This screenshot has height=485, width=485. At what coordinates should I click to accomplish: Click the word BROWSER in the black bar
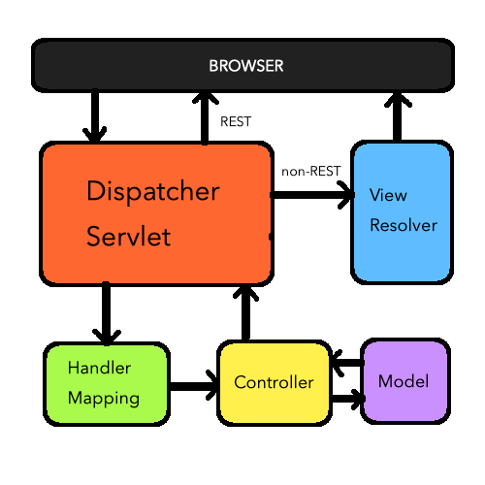[x=245, y=66]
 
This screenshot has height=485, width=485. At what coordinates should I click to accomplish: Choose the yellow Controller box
[x=274, y=382]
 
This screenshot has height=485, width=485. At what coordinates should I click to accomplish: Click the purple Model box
[x=404, y=381]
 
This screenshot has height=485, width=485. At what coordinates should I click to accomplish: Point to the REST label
[x=237, y=123]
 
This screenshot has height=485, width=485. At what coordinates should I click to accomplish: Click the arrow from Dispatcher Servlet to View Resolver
[x=312, y=195]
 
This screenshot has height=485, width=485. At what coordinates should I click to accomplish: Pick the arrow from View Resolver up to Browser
[x=396, y=116]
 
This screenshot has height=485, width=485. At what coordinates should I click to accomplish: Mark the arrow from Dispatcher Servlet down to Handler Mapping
[x=105, y=313]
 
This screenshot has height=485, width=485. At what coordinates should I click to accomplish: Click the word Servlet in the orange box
[x=129, y=237]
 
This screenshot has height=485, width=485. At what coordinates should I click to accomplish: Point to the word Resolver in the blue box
[x=404, y=225]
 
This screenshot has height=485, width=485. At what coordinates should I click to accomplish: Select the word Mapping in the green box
[x=104, y=398]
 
